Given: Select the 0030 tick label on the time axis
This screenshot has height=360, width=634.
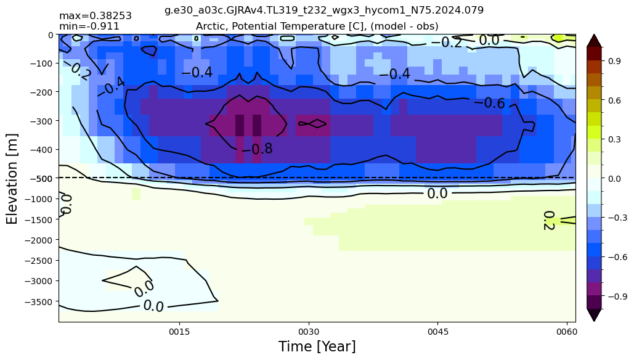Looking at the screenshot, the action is point(309,332).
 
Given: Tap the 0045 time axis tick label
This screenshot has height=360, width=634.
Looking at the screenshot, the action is point(438,332).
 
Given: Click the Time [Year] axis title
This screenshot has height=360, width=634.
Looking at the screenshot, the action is point(317,346).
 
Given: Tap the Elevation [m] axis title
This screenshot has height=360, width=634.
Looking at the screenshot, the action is point(12,178).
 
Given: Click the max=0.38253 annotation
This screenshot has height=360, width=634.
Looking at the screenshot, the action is point(96,16).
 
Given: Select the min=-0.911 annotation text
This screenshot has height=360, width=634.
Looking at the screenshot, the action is point(89,27).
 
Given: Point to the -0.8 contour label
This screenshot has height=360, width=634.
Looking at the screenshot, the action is point(257,149).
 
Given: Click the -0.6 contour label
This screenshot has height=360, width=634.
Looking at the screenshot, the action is point(490,103).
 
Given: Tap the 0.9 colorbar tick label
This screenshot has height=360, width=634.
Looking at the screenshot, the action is point(615,61).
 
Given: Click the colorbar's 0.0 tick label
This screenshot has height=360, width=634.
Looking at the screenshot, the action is point(615,178).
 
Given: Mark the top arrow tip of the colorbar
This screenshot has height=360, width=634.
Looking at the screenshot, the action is point(594,35).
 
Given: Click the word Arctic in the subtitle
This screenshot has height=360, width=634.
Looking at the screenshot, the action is point(209,27).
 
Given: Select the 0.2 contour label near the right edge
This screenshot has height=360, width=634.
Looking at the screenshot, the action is point(549,221).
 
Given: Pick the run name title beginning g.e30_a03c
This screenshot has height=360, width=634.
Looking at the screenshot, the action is point(324,10).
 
